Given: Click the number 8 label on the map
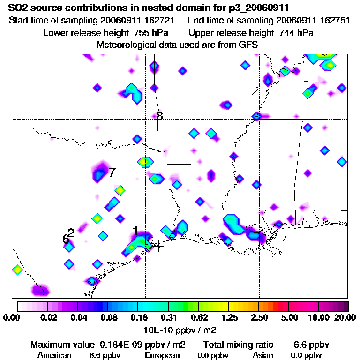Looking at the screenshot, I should click(160, 116).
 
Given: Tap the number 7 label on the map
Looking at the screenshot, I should click(112, 172).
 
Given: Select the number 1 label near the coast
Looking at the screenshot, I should click(135, 231).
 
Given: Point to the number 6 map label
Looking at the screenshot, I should click(66, 239).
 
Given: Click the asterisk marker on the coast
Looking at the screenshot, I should click(158, 245).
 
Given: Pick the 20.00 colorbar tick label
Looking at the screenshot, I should click(345, 318).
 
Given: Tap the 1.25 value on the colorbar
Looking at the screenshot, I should click(228, 318).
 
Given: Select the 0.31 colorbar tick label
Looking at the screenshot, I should click(168, 318).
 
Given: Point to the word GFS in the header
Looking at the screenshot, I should click(248, 45).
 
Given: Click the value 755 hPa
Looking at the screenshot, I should click(151, 33).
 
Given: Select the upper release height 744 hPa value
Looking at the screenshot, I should click(296, 33).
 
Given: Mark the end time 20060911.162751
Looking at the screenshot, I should click(312, 21).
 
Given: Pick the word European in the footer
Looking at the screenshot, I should click(162, 355).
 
